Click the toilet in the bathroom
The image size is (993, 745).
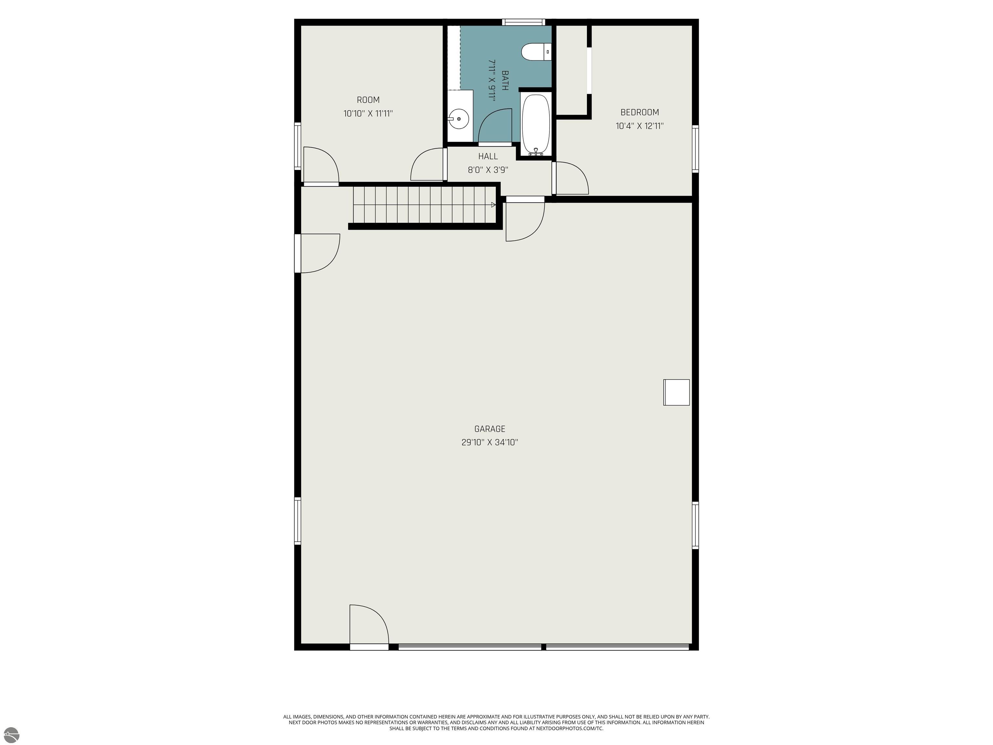point(536,52)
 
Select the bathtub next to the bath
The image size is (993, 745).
point(536,124)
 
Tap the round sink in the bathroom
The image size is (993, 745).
point(458,119)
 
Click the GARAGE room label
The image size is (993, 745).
point(490,429)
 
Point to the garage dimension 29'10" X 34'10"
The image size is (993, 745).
point(490,442)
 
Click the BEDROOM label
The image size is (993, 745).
point(640,112)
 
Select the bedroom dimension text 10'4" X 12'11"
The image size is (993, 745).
point(640,126)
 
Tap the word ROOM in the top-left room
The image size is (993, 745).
point(368,100)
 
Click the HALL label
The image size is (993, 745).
point(488,156)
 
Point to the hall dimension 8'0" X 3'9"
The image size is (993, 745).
point(488,170)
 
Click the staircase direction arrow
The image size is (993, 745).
point(493,205)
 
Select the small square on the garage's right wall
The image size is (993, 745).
point(677,393)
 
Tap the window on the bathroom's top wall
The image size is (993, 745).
point(523,22)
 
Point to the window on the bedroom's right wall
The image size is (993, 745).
point(695,149)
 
